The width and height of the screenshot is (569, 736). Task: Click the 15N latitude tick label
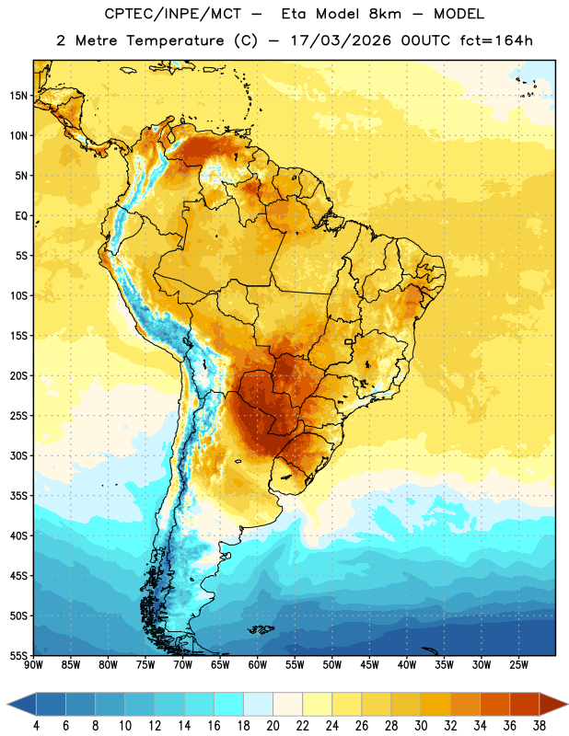point(18,96)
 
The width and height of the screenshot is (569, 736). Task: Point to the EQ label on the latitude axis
point(21,216)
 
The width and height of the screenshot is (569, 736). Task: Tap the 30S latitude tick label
point(18,455)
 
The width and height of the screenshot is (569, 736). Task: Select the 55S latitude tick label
point(18,656)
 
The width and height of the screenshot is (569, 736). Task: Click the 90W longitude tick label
point(33,665)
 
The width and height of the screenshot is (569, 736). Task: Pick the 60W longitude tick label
point(258,665)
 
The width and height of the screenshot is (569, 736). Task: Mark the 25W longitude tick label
point(518,665)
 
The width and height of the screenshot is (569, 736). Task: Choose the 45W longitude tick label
point(369,665)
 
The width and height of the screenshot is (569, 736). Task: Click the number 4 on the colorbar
point(36,726)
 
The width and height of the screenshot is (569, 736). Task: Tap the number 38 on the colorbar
point(540,726)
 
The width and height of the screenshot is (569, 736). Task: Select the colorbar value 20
point(273,726)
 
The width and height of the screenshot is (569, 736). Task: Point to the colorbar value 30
point(421,726)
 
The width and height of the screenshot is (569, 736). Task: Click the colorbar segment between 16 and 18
point(228,704)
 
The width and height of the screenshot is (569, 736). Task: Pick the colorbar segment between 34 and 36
point(494,704)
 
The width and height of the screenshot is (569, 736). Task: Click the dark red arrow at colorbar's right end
point(552,704)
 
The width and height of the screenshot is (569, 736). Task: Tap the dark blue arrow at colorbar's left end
point(22,704)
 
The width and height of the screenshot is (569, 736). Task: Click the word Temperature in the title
point(175,40)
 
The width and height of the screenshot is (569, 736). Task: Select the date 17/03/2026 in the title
point(340,40)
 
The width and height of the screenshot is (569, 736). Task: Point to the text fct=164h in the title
point(496,40)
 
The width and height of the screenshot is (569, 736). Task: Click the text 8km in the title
point(385,14)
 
